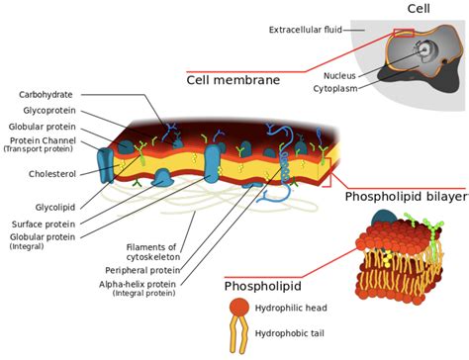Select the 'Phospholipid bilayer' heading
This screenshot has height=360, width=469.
406,198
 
